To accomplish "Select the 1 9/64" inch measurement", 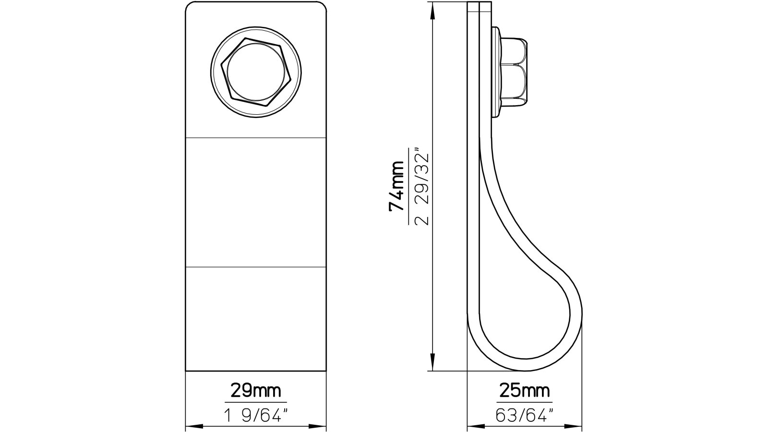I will click(x=255, y=414).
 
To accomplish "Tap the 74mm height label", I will click(x=397, y=187).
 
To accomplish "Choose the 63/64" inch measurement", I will click(x=524, y=414).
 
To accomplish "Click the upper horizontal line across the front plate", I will click(x=256, y=138).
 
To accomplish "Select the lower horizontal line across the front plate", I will click(x=256, y=266).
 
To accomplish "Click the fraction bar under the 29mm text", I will click(x=255, y=402).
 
